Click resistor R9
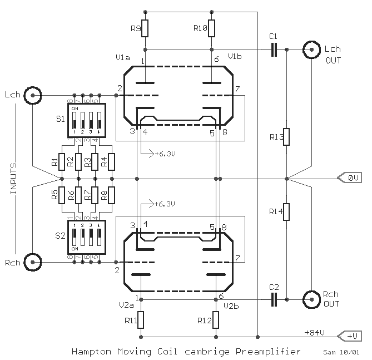[145, 28]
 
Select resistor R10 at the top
[212, 28]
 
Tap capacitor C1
[273, 50]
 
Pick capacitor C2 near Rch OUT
[273, 300]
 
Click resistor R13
[286, 137]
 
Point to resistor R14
[286, 213]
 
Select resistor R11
[141, 320]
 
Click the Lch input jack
[33, 95]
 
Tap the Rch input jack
[33, 260]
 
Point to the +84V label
[315, 332]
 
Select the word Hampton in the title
[89, 352]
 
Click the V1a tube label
[123, 57]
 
